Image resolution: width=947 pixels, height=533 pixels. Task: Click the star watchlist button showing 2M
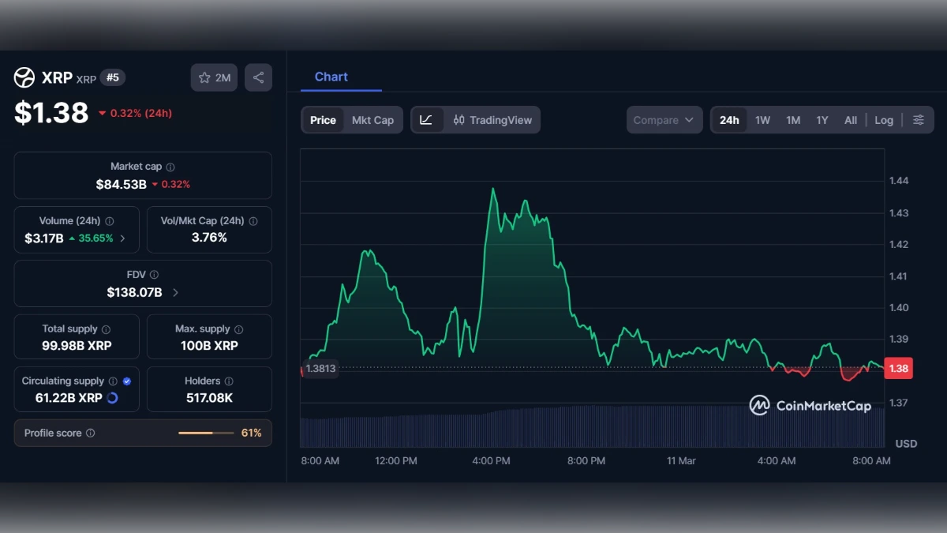(x=214, y=77)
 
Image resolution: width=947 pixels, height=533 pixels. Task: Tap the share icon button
(x=258, y=77)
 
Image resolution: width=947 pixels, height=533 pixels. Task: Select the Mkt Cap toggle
(x=372, y=120)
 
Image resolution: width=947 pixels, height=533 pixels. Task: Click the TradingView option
(x=492, y=120)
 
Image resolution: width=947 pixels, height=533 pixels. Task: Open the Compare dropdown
(x=664, y=120)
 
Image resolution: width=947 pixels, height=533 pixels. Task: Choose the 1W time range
(x=762, y=120)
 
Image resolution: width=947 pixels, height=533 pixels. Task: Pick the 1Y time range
(x=822, y=120)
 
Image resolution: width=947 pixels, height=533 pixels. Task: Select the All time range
(x=850, y=120)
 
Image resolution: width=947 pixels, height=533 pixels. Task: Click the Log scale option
(x=884, y=120)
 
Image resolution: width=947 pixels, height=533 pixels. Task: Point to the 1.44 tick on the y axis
(x=898, y=181)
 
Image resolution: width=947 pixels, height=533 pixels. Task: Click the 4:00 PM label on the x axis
(x=492, y=460)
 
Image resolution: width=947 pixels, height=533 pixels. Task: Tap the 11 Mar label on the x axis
(x=681, y=460)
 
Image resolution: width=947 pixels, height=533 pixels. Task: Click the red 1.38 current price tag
(x=898, y=368)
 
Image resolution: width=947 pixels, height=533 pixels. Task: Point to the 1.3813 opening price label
(x=320, y=369)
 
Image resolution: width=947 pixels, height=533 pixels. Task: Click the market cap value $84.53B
(x=121, y=184)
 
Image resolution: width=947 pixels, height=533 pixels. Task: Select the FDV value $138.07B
(x=134, y=292)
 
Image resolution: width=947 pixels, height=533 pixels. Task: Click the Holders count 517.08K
(x=209, y=398)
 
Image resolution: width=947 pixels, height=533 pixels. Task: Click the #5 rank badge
(x=113, y=77)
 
